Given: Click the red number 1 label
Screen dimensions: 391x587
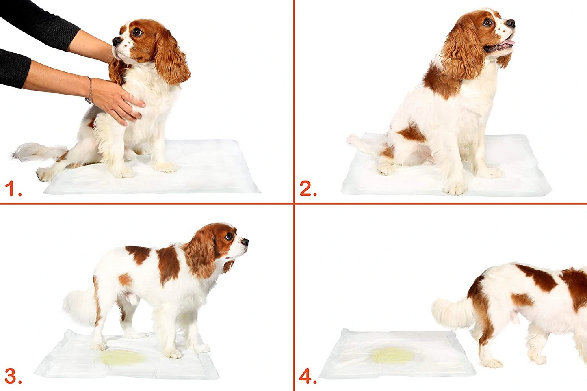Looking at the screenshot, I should click(12, 189).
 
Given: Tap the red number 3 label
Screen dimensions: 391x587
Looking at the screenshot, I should click(12, 376).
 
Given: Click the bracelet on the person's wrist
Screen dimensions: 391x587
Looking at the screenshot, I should click(89, 90).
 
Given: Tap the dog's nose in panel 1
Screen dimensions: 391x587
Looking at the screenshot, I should click(116, 41).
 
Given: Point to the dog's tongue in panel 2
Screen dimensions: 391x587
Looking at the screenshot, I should click(508, 43).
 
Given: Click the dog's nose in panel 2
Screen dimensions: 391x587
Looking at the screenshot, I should click(511, 23).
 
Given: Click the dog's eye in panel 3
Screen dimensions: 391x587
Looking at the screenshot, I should click(229, 235).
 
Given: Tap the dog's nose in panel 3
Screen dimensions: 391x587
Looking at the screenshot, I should click(245, 242).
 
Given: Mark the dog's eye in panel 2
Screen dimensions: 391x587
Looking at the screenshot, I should click(487, 23).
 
